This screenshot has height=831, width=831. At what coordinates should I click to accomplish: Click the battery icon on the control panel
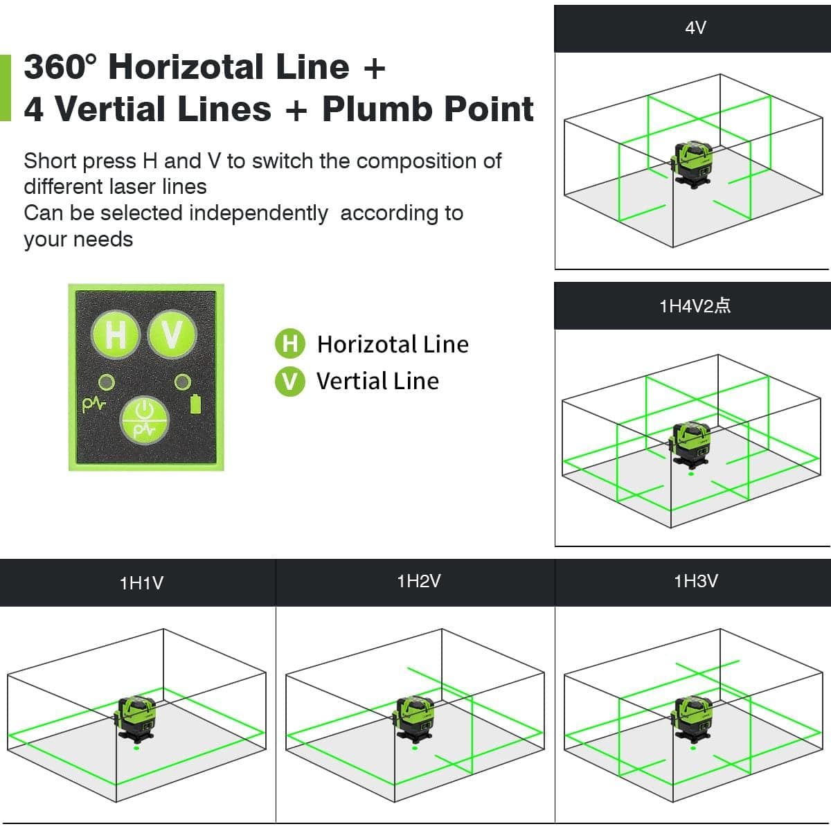click(x=195, y=404)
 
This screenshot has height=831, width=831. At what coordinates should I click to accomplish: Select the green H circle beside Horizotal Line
click(x=289, y=344)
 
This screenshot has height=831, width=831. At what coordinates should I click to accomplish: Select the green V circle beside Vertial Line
click(x=289, y=381)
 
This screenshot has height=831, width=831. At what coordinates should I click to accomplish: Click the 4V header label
click(x=695, y=28)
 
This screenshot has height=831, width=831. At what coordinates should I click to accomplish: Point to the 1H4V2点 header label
click(x=695, y=306)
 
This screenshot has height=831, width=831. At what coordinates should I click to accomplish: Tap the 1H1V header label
click(x=141, y=583)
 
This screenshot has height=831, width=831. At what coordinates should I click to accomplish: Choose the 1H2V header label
click(x=419, y=582)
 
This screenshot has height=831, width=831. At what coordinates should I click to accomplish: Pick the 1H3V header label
click(x=695, y=582)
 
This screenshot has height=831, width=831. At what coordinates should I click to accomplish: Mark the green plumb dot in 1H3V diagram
click(x=693, y=747)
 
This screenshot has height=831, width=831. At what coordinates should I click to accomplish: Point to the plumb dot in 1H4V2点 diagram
click(x=691, y=474)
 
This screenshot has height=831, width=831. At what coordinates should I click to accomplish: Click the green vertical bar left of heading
click(x=6, y=88)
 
